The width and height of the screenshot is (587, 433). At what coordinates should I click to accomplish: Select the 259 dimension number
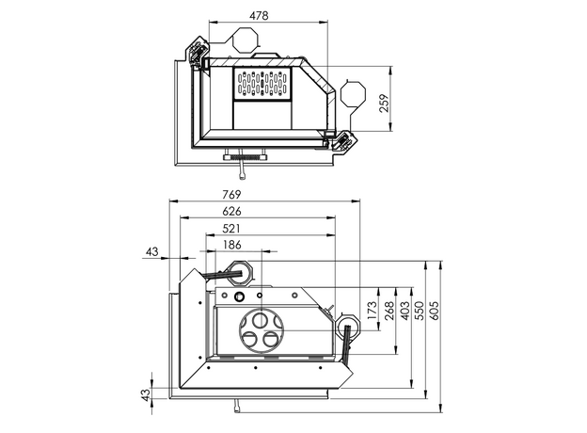(x=384, y=104)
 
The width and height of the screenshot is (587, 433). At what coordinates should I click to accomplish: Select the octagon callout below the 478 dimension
(x=245, y=40)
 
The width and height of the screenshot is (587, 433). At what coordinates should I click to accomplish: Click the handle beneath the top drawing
(x=245, y=166)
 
